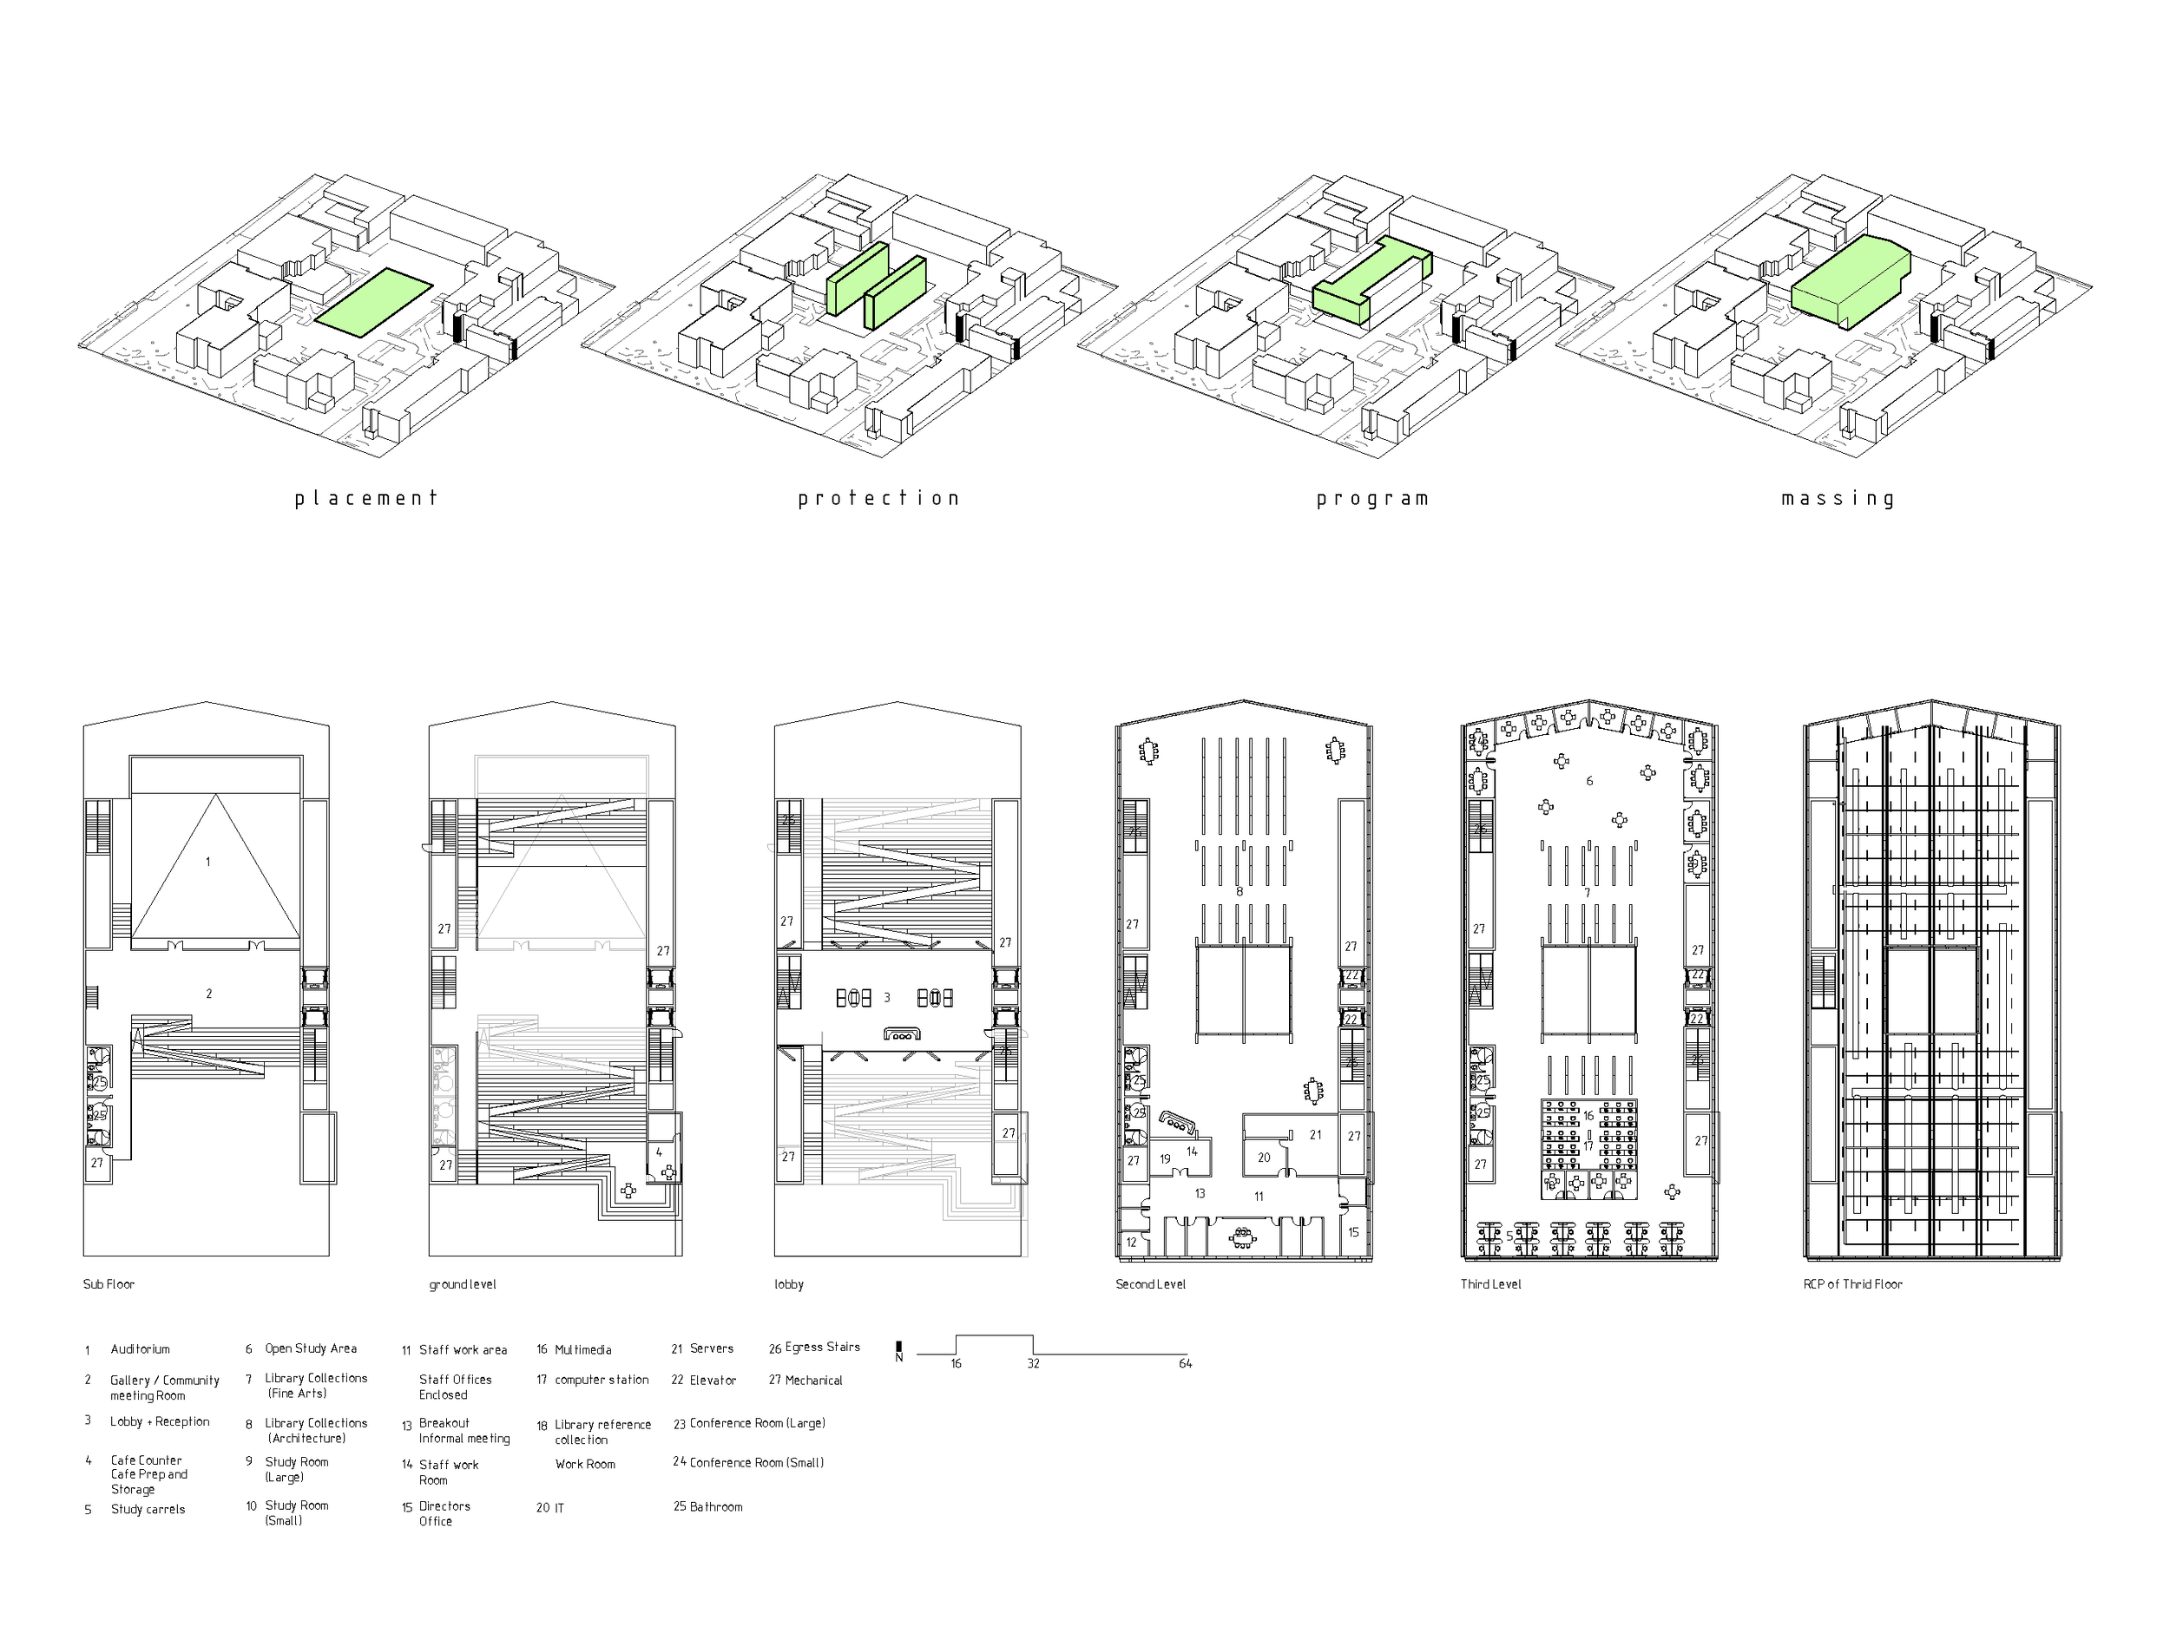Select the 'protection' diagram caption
pyautogui.click(x=878, y=498)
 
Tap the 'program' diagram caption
pyautogui.click(x=1372, y=499)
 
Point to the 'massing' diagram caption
pyautogui.click(x=1838, y=499)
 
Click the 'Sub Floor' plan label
pyautogui.click(x=108, y=1283)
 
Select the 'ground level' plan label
pyautogui.click(x=462, y=1283)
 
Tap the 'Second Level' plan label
pyautogui.click(x=1150, y=1283)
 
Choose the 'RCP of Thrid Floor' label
pyautogui.click(x=1852, y=1283)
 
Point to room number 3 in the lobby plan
pyautogui.click(x=887, y=997)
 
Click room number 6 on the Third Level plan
pyautogui.click(x=1589, y=781)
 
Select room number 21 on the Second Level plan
pyautogui.click(x=1316, y=1135)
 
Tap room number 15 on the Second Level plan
pyautogui.click(x=1354, y=1232)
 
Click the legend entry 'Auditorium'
pyautogui.click(x=139, y=1349)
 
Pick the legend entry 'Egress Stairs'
pyautogui.click(x=822, y=1348)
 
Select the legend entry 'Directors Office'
pyautogui.click(x=444, y=1513)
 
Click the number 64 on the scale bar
pyautogui.click(x=1185, y=1364)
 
